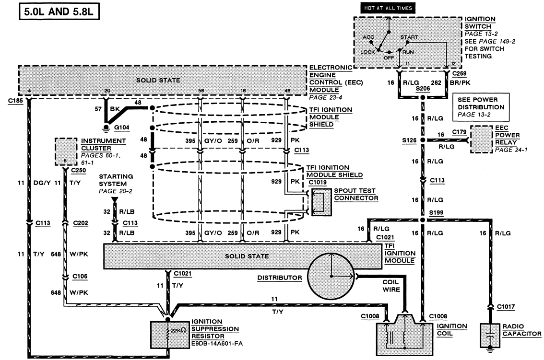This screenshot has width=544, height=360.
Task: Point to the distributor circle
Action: pyautogui.click(x=330, y=277)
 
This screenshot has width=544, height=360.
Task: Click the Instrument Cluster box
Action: pyautogui.click(x=65, y=151)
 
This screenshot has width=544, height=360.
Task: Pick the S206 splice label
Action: pyautogui.click(x=424, y=89)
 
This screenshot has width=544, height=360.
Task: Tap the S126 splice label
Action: pyautogui.click(x=409, y=140)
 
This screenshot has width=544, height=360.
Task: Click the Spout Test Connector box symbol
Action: pyautogui.click(x=319, y=201)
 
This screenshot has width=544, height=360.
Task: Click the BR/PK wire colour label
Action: pyautogui.click(x=457, y=82)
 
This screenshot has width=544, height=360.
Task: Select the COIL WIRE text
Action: pyautogui.click(x=391, y=286)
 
